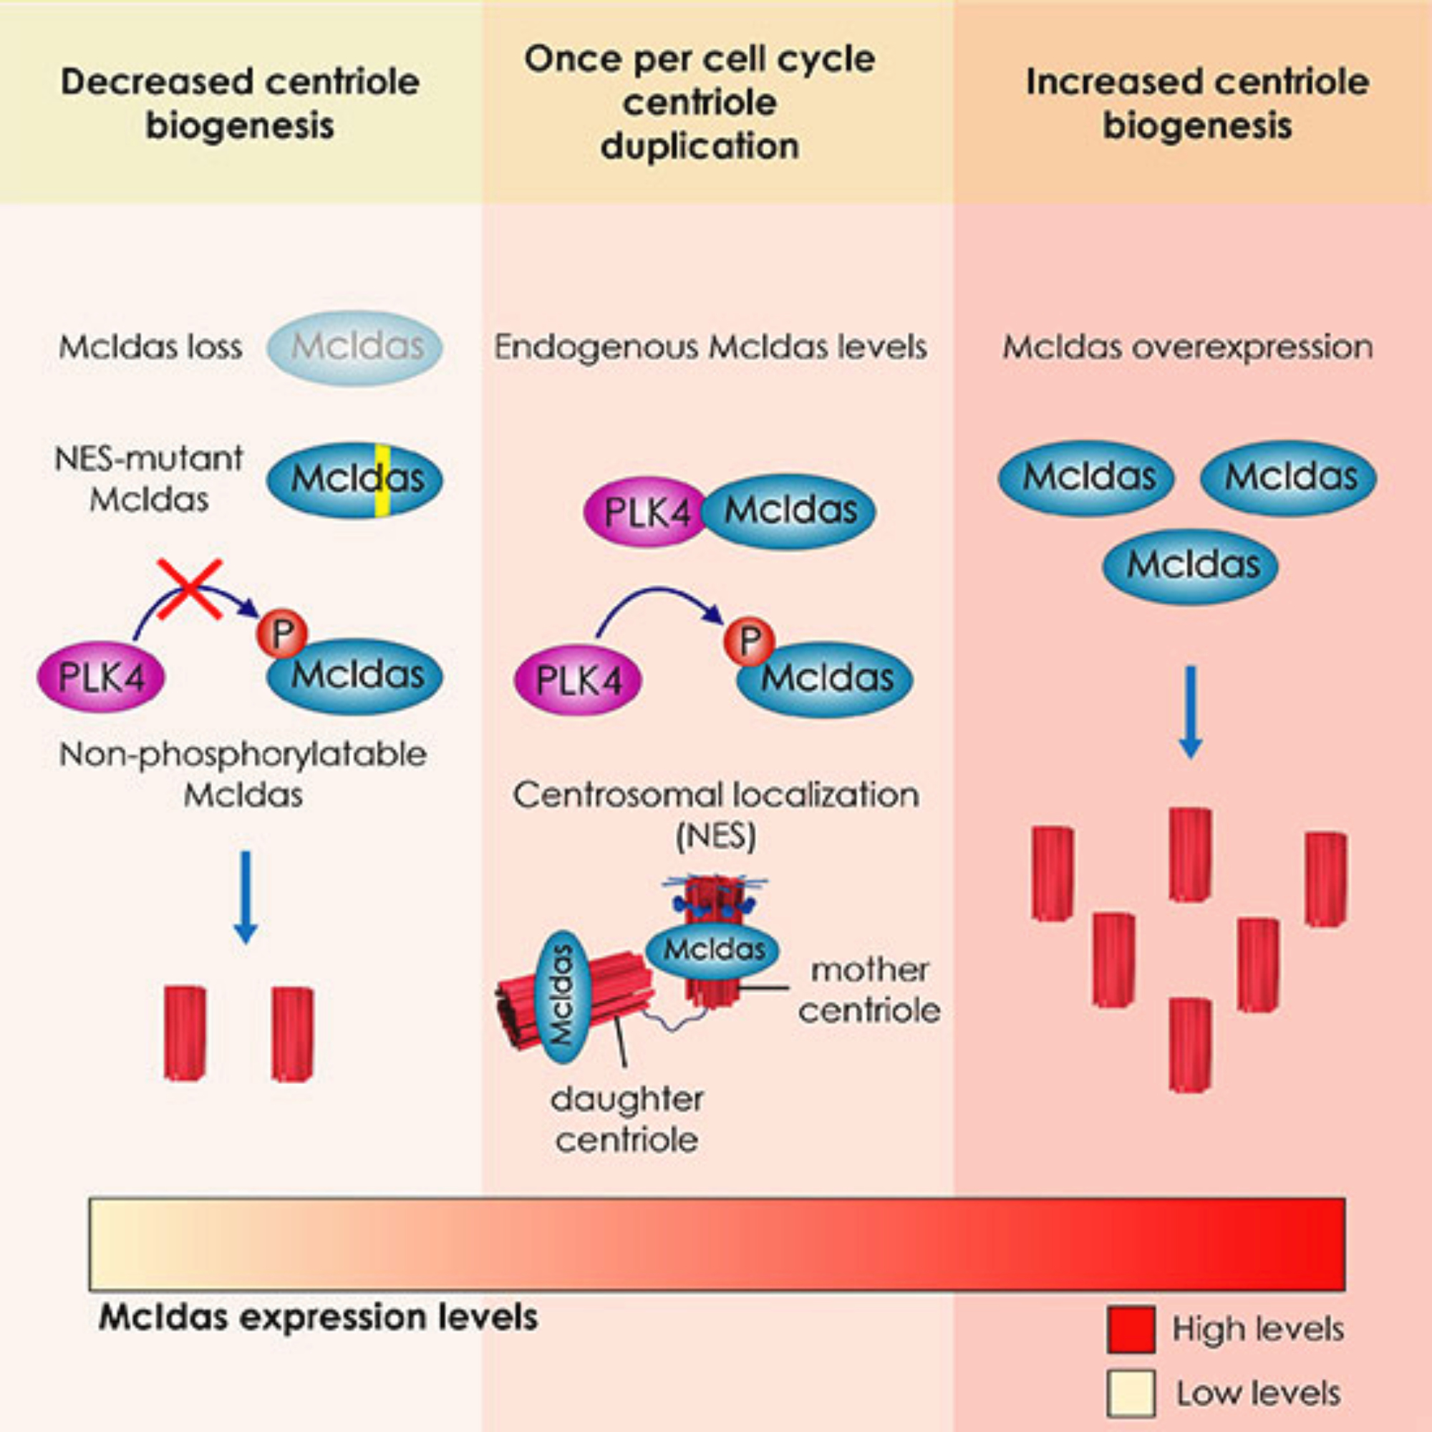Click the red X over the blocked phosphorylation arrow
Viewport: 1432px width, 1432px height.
pos(190,589)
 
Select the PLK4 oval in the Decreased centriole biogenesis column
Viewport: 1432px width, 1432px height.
pos(102,677)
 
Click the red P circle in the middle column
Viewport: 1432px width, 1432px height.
pos(750,639)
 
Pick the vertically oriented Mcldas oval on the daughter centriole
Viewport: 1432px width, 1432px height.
pos(565,997)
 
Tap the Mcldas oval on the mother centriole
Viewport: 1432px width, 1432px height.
pos(712,949)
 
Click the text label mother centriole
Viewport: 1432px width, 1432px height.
pos(869,990)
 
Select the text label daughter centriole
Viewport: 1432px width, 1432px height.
pos(627,1119)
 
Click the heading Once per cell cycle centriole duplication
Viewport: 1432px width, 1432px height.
pos(699,102)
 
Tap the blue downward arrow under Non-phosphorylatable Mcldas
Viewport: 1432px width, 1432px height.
pos(246,897)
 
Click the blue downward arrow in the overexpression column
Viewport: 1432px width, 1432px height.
pos(1191,712)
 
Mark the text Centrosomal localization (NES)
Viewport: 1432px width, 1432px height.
pos(716,816)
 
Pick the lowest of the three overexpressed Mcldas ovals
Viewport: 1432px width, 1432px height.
pos(1191,566)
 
